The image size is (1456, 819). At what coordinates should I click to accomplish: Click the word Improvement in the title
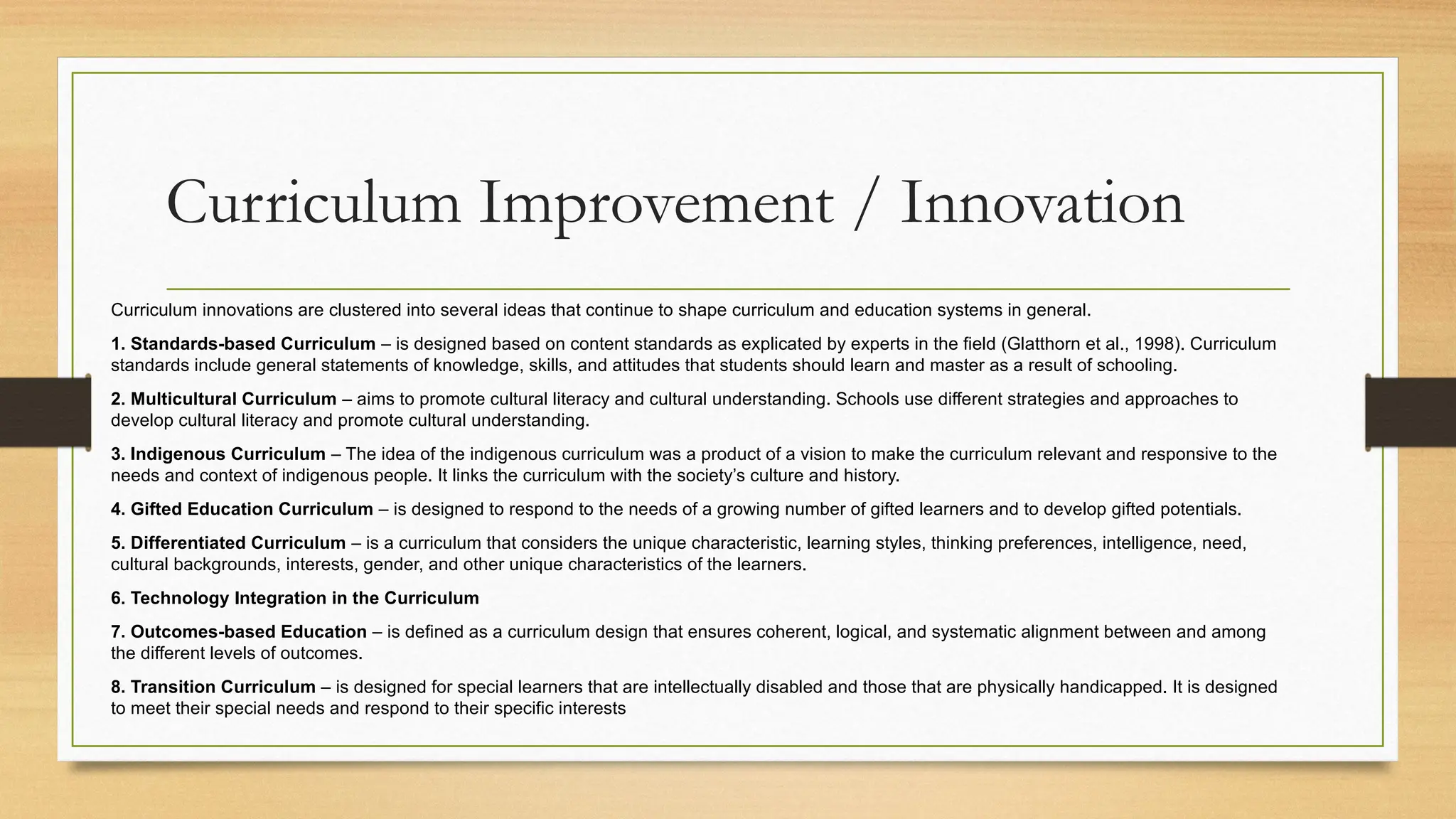655,205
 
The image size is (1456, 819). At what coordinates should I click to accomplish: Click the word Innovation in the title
1042,205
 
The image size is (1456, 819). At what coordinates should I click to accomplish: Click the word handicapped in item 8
1110,687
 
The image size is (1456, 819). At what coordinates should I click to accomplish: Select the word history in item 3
873,475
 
